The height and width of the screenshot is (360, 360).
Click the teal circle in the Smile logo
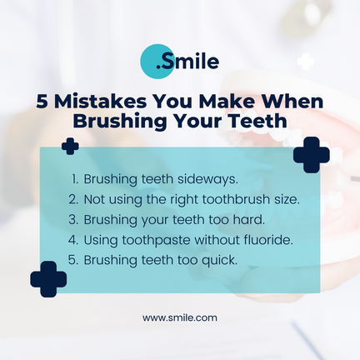(x=157, y=61)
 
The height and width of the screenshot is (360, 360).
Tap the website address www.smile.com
(x=180, y=317)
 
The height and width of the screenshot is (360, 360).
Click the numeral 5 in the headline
(x=42, y=102)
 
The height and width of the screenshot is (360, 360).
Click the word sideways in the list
(x=207, y=179)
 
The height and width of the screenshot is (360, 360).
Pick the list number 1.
(x=74, y=179)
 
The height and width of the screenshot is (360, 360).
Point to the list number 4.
(x=73, y=240)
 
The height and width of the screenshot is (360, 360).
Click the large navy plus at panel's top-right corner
(x=312, y=155)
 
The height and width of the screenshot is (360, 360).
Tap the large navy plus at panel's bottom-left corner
(x=48, y=279)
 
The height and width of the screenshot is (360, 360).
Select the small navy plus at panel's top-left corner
(x=70, y=146)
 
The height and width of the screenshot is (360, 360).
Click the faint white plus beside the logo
(x=306, y=62)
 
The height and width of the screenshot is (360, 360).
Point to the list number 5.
(x=73, y=260)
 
